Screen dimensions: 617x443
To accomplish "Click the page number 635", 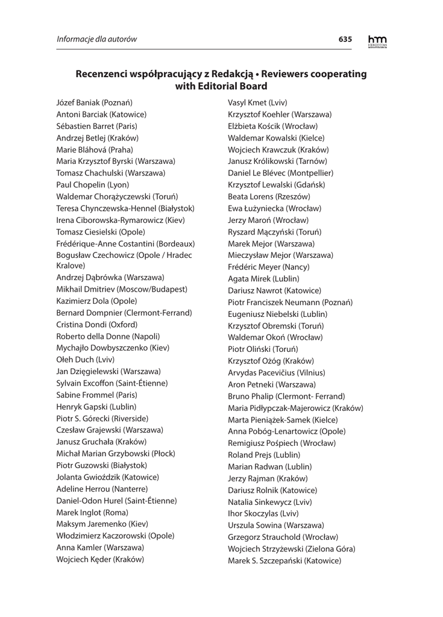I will [345, 39].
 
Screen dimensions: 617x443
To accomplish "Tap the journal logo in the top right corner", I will [378, 40].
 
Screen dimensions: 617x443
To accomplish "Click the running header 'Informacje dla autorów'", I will [97, 40].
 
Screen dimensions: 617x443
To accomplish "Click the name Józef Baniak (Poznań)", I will [94, 102].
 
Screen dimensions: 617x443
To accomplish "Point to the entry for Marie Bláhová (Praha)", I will [95, 149].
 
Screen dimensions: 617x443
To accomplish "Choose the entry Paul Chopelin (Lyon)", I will [92, 184].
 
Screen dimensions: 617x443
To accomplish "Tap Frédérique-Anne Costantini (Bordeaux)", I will [125, 243].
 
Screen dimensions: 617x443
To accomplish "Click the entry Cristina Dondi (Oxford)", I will [96, 324].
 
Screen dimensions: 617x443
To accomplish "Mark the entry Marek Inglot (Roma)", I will [92, 512].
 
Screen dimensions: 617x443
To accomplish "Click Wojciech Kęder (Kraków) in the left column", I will [100, 559].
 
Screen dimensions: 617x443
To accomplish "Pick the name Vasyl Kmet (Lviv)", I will [257, 102].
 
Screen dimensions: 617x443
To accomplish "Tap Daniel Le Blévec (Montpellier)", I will [280, 173].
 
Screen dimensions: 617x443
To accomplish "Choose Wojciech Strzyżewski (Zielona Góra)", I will [291, 549].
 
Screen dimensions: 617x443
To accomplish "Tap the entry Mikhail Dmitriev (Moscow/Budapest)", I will [122, 289].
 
